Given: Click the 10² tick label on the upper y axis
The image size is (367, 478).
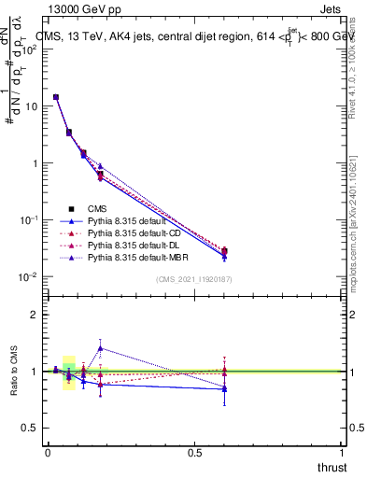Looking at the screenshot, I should click(29, 49).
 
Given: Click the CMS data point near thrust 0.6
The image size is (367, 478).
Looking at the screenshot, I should click(224, 250).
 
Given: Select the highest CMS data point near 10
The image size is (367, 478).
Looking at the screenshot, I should click(56, 97).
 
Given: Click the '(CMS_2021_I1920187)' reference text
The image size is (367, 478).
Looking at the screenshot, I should click(194, 279).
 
